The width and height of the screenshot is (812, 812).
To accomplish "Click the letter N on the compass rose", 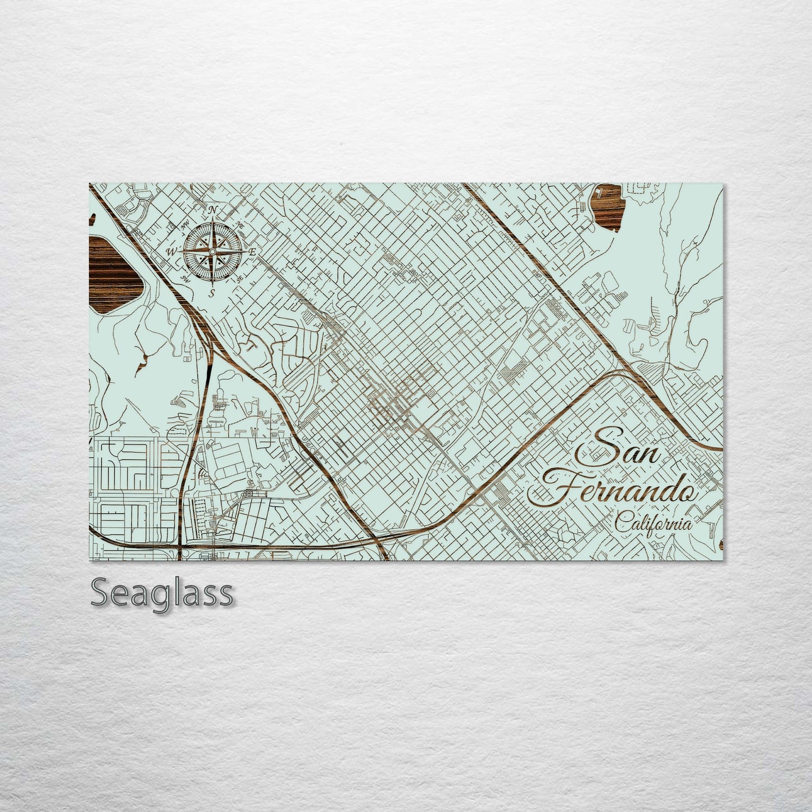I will point(212,210).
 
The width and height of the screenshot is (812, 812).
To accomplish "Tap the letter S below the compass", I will point(212,292).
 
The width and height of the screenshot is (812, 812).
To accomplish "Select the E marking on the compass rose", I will point(252,252).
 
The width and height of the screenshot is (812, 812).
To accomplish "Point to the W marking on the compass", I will point(171,251).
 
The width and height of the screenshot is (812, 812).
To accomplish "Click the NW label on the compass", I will point(184,226).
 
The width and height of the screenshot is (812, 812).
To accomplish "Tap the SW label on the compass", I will point(183,278).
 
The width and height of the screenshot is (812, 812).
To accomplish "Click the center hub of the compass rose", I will point(212,251).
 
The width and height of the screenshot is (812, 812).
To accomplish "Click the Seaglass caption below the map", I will point(162,592).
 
